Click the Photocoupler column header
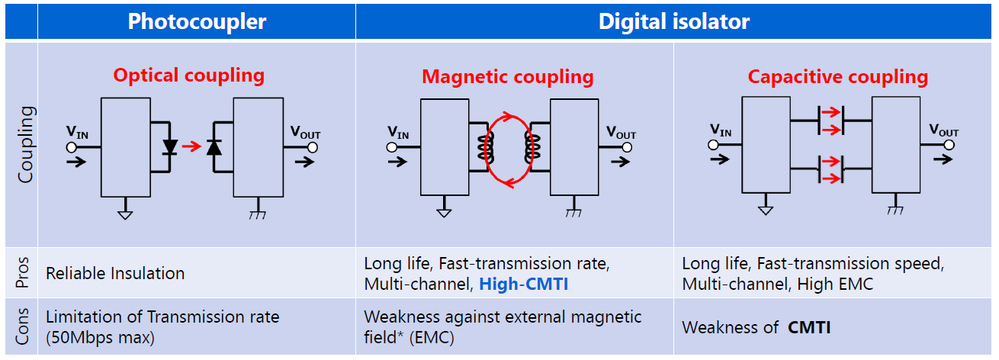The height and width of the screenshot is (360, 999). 197,21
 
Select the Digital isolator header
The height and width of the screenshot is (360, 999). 674,21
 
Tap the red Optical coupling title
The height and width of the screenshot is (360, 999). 188,76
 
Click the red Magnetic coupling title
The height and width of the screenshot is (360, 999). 508,77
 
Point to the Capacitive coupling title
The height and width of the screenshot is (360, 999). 837,77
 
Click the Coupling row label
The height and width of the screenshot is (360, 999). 26,145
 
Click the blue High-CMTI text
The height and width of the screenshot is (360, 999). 525,284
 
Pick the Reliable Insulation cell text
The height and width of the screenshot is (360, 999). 115,273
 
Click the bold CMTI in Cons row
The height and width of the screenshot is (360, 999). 809,328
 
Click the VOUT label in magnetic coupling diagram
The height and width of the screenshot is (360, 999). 621,133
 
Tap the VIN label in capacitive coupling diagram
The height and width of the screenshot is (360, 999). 721,130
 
